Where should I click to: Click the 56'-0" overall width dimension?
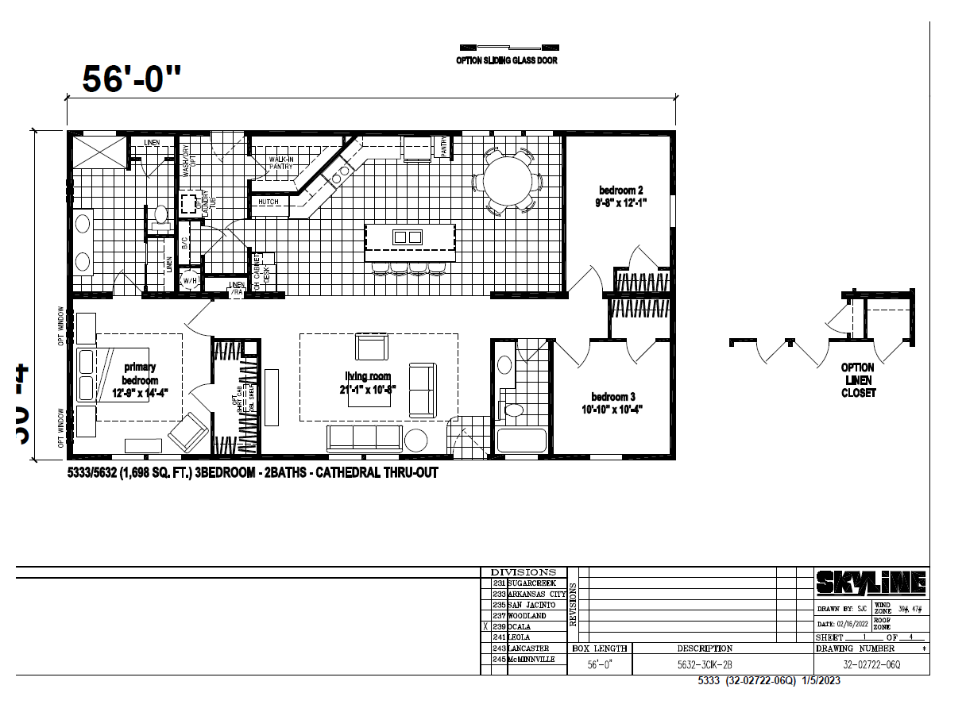[132, 79]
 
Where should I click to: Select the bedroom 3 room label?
[617, 402]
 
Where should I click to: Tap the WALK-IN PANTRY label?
[280, 163]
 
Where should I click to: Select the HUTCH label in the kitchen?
[268, 202]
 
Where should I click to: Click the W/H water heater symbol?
[190, 280]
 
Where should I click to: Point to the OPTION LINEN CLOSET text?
[857, 380]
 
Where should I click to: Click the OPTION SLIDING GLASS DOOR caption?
[506, 60]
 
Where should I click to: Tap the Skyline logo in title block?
[871, 583]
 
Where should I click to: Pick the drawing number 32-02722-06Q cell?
[871, 665]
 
